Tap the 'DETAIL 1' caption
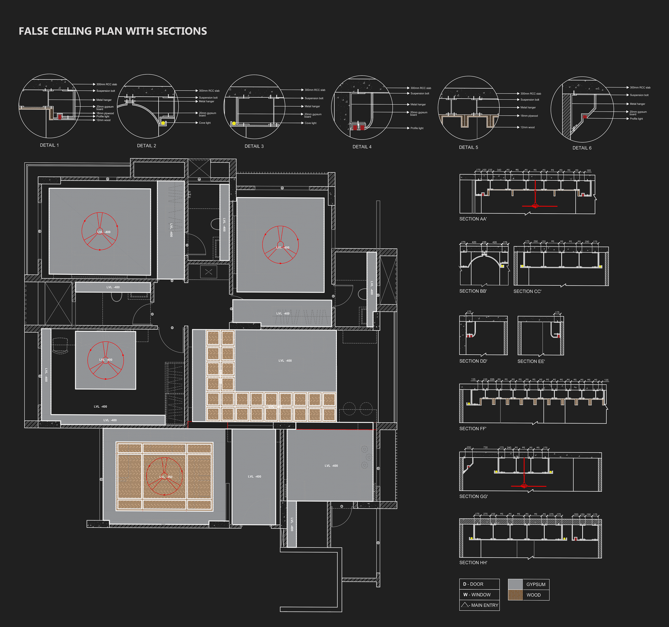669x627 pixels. [49, 145]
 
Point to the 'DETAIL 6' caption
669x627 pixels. [582, 148]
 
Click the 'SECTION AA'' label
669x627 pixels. [473, 219]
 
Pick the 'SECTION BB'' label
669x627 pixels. [473, 291]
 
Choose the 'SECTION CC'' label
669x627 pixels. [527, 292]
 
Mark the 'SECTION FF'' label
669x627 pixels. [472, 429]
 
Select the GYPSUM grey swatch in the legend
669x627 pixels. [515, 584]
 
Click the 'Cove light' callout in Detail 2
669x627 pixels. [205, 123]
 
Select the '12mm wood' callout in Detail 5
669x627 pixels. [527, 127]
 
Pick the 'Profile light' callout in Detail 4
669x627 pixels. [417, 128]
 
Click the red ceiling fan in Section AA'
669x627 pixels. [535, 205]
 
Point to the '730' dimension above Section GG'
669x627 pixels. [485, 447]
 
